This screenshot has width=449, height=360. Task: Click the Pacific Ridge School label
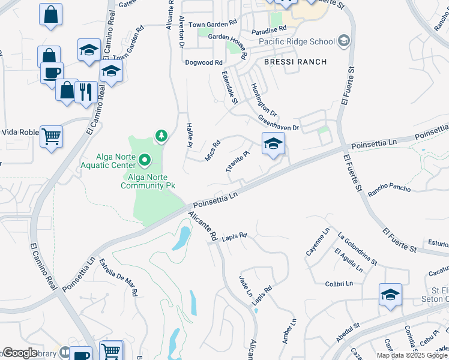[297, 42]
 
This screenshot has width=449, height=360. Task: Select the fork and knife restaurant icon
[87, 92]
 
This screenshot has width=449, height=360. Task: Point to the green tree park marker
[161, 136]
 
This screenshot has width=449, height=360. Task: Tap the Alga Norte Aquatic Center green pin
[145, 160]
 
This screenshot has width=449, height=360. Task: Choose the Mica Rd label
[214, 148]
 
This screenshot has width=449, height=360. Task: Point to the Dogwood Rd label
[204, 62]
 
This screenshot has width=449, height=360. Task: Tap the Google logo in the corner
[20, 353]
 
